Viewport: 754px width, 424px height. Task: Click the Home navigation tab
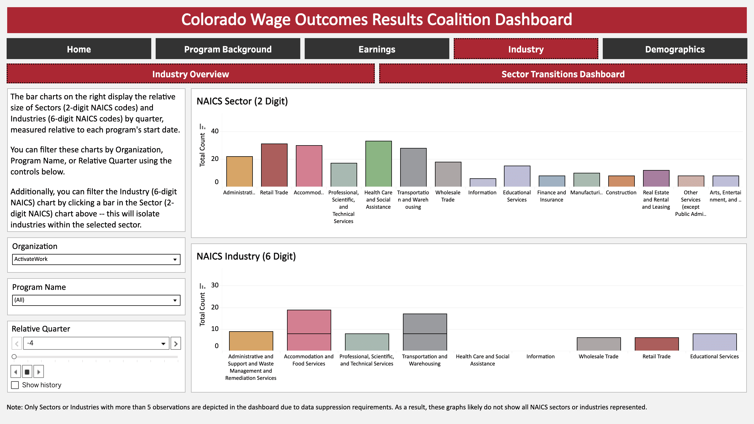click(x=79, y=49)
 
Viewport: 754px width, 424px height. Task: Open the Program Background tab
click(x=228, y=49)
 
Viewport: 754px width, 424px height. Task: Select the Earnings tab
click(x=377, y=49)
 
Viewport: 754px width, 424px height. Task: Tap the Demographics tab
click(x=675, y=49)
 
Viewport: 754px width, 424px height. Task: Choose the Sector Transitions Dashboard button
click(x=563, y=74)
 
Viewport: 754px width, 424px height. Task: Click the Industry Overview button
click(x=190, y=74)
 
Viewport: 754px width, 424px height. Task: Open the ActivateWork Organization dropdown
click(x=96, y=259)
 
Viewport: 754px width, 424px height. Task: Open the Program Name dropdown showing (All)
click(x=96, y=300)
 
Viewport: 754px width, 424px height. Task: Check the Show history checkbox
click(x=15, y=385)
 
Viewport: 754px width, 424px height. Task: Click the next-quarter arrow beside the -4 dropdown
click(x=176, y=343)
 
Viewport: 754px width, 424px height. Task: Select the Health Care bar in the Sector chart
click(x=378, y=164)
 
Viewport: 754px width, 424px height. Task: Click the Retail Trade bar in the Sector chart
click(x=274, y=165)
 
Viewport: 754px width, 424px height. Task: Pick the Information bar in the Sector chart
click(x=483, y=183)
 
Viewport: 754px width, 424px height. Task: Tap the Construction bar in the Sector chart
click(x=621, y=181)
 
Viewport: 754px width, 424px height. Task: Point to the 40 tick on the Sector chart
click(x=215, y=131)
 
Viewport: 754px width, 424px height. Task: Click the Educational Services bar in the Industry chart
click(x=714, y=342)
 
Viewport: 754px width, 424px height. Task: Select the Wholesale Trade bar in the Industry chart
click(x=599, y=344)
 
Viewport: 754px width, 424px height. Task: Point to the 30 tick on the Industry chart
click(x=215, y=285)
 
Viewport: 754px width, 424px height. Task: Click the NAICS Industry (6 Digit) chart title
click(x=246, y=256)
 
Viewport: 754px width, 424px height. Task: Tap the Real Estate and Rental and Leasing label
click(x=656, y=200)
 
